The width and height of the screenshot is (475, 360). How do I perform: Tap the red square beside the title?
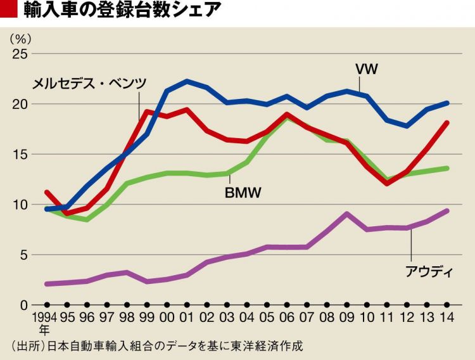point(9,11)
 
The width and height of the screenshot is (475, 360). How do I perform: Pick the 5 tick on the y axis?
point(23,255)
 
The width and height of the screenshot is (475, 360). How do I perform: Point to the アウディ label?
point(429,273)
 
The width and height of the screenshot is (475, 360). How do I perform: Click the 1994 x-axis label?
point(44,317)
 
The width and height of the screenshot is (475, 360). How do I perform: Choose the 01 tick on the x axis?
point(187,317)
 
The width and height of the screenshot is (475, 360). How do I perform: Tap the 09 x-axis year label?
point(347,317)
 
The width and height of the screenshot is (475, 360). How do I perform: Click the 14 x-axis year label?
point(446,317)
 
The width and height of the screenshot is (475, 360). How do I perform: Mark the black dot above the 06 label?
point(288,305)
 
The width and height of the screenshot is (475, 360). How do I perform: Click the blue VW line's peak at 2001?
point(187,81)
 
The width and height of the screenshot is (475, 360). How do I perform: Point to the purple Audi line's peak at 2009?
point(347,214)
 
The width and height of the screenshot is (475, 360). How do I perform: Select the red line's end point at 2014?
point(447,123)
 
